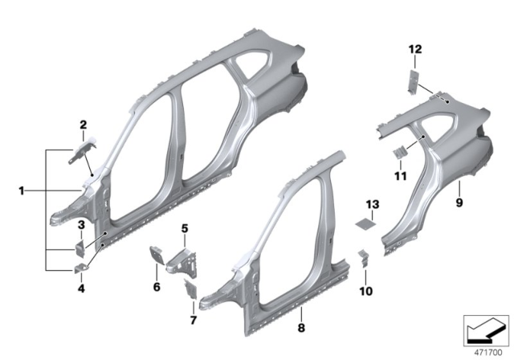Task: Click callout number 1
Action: [x=21, y=190]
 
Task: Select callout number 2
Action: [x=83, y=124]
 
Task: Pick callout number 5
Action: [x=184, y=229]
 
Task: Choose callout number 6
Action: [x=157, y=286]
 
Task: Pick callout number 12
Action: [x=414, y=50]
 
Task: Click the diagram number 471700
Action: [x=485, y=351]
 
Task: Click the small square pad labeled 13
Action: [x=368, y=221]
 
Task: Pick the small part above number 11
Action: [x=398, y=153]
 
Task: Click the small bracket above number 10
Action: [x=363, y=257]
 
